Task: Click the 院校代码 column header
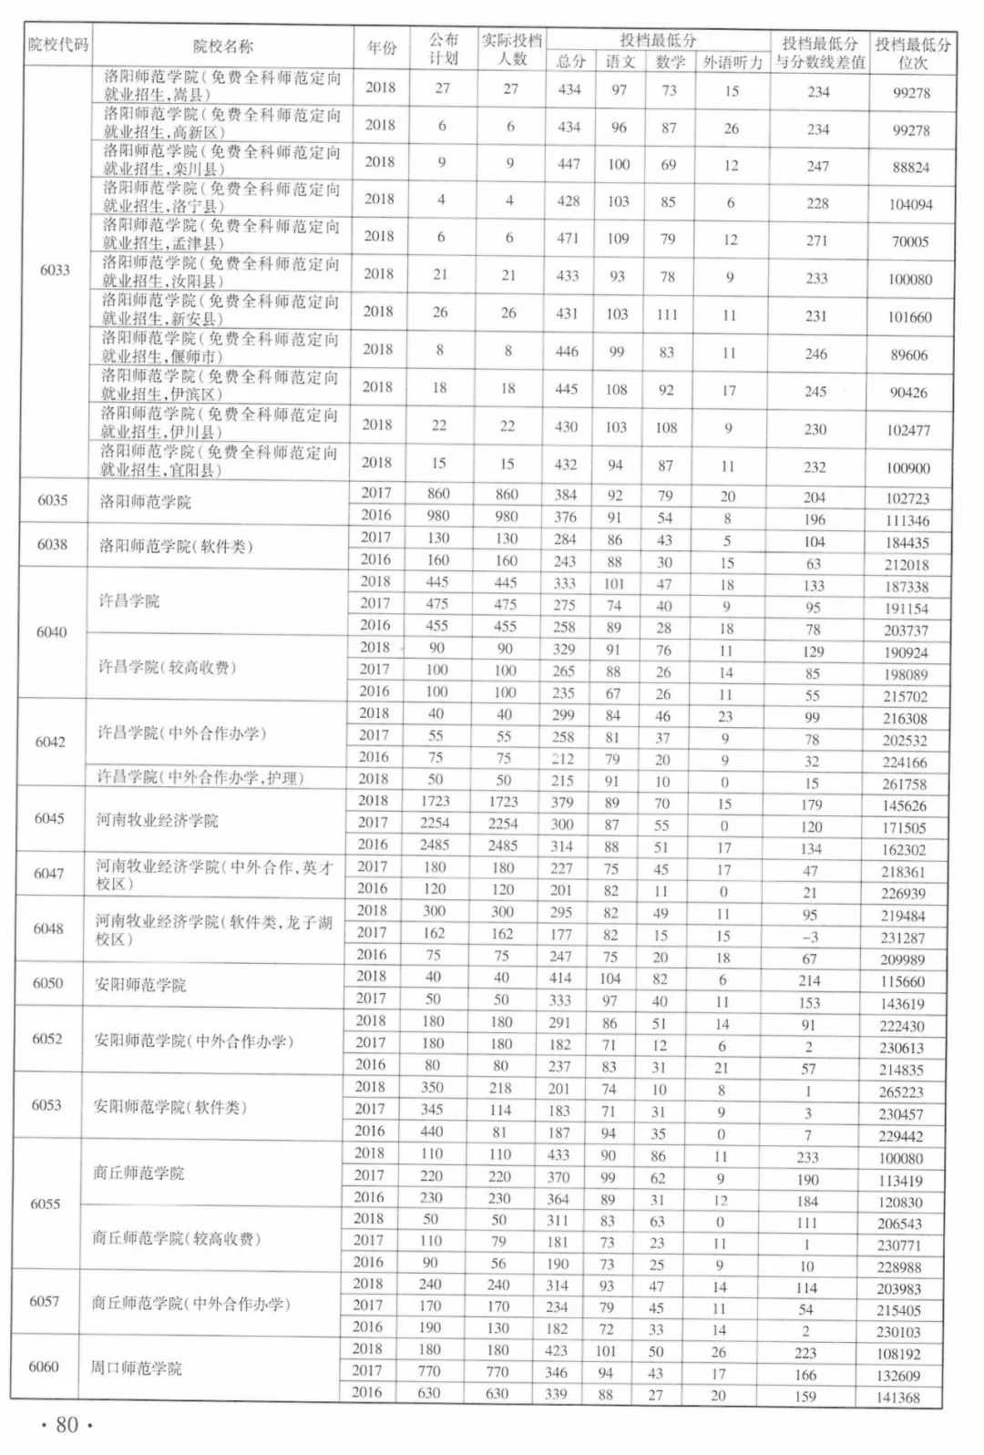(58, 45)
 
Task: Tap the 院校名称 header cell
(223, 46)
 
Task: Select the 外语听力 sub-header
(733, 63)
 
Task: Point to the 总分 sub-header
(571, 62)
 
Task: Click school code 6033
(56, 270)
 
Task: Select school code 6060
(44, 1367)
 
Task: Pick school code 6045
(49, 818)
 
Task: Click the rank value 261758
(904, 784)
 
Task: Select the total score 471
(568, 239)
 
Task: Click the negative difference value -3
(810, 938)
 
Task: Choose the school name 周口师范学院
(137, 1368)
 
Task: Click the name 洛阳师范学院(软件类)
(176, 547)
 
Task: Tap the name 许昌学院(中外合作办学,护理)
(200, 778)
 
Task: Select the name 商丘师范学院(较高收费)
(177, 1239)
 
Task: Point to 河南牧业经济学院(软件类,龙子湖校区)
(214, 930)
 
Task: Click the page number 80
(67, 1425)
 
